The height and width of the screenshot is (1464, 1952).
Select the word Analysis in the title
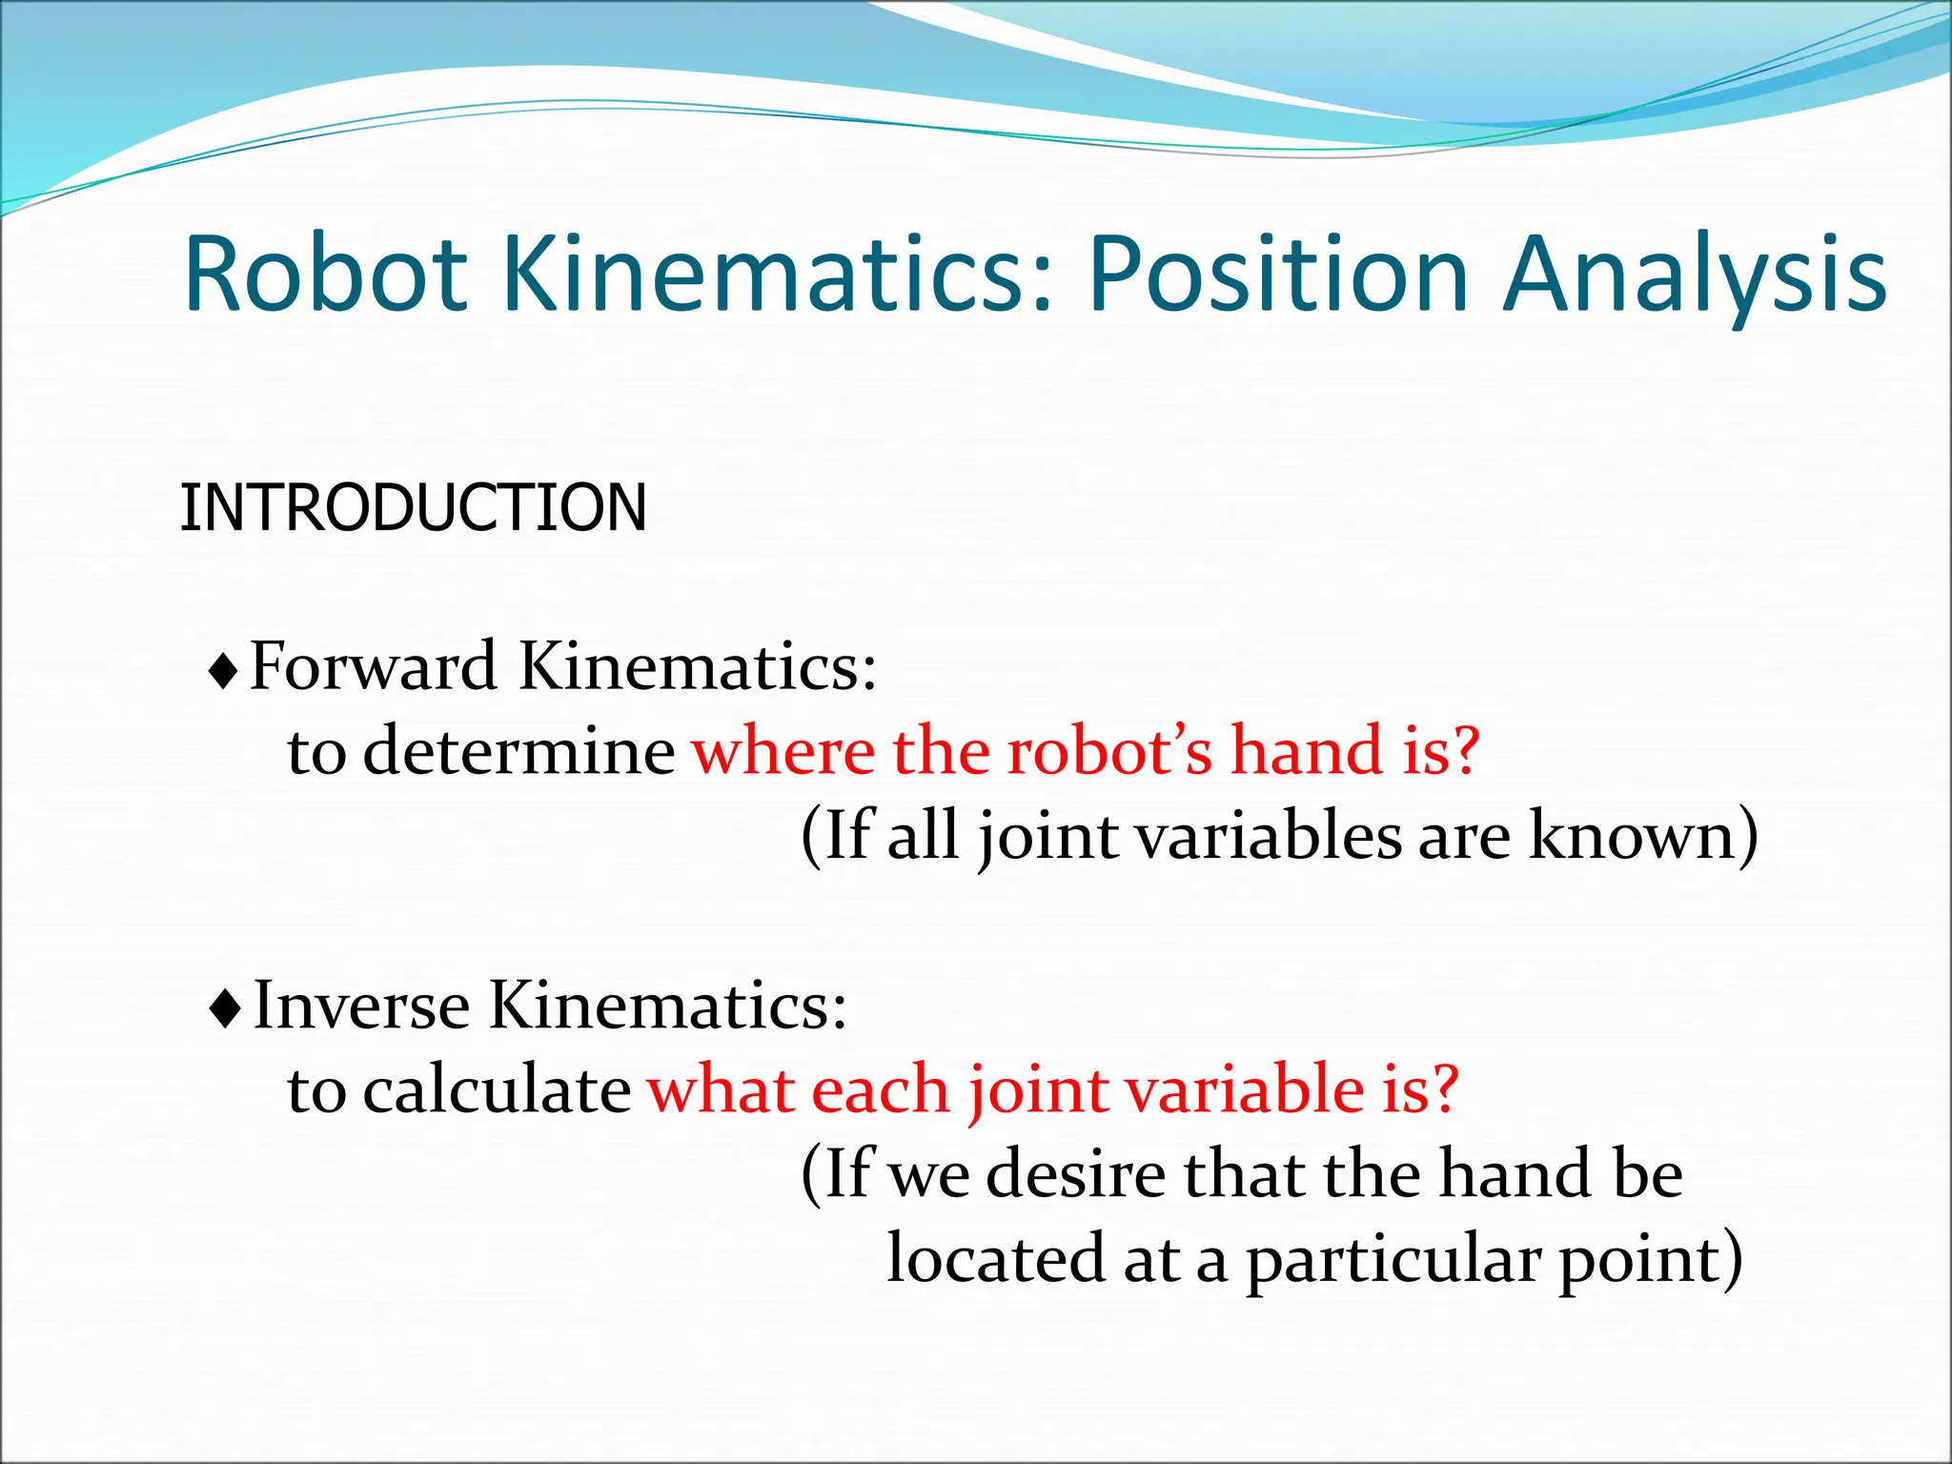pos(1695,276)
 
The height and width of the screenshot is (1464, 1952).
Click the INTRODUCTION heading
pos(413,507)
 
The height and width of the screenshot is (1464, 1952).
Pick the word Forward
pos(373,665)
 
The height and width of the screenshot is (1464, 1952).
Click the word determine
pos(519,750)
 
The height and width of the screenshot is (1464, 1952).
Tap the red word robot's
pos(1109,750)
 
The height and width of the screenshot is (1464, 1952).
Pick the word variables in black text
pos(1271,835)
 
